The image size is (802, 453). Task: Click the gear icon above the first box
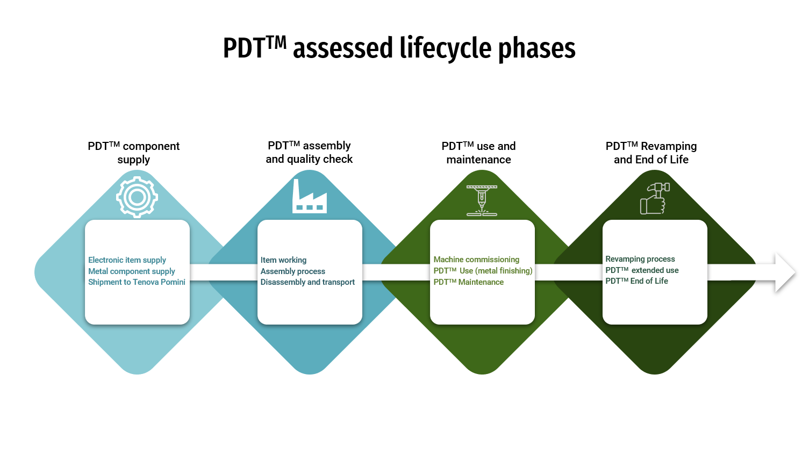137,197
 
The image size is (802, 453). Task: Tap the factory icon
309,197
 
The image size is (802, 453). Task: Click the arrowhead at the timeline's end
784,273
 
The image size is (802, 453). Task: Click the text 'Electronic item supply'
127,260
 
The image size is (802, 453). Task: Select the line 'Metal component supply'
132,271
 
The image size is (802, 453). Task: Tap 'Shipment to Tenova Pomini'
137,282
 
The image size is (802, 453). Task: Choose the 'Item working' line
283,260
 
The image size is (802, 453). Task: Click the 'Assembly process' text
292,271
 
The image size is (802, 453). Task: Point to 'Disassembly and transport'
307,282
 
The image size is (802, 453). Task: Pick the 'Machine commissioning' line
476,260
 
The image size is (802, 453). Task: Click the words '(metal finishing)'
504,271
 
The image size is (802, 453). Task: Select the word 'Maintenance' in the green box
481,282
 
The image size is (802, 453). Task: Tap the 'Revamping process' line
640,259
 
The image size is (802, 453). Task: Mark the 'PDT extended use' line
642,270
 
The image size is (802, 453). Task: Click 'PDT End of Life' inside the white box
636,281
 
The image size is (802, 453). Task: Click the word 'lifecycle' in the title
446,48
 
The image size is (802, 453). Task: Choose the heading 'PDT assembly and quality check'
309,153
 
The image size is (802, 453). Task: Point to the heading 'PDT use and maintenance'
478,153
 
